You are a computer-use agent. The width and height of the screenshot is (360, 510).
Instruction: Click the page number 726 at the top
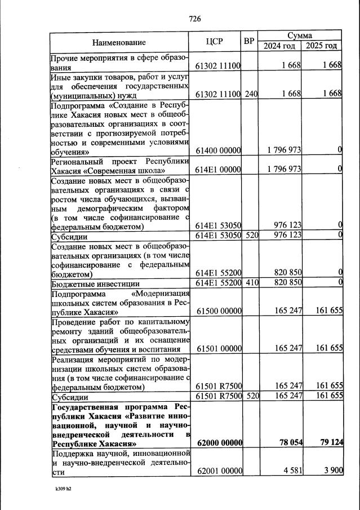[x=195, y=19]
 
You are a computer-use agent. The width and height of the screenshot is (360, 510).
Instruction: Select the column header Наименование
[x=119, y=42]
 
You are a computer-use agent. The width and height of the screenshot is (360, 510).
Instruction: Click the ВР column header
[x=249, y=42]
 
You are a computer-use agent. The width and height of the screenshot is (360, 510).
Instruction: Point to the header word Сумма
[x=300, y=35]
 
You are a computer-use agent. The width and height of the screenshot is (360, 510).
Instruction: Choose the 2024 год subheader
[x=279, y=46]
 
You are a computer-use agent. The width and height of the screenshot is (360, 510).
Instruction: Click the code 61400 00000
[x=218, y=150]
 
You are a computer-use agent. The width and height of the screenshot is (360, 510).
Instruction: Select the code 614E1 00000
[x=218, y=170]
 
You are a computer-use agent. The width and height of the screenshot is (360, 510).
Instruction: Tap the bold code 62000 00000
[x=218, y=443]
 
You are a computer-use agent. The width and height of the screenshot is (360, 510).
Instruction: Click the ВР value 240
[x=251, y=94]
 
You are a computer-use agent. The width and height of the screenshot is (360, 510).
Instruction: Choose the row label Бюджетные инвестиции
[x=95, y=283]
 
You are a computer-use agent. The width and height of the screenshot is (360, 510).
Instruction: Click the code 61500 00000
[x=218, y=311]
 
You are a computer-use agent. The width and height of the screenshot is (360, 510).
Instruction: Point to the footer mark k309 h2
[x=60, y=489]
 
